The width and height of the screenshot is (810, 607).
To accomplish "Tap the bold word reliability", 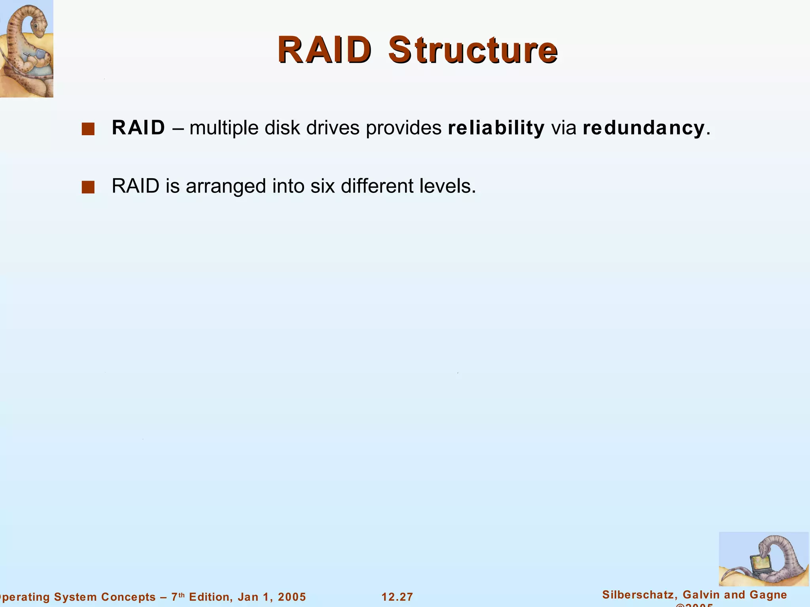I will tap(496, 128).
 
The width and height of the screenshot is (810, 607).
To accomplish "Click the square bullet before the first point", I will tap(88, 129).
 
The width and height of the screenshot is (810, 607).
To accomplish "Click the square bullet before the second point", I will tap(88, 187).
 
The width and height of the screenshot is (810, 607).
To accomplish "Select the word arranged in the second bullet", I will tap(226, 187).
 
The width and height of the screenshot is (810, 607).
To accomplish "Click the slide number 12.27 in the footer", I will tap(397, 597).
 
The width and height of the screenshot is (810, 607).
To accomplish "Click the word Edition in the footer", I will tap(209, 597).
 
